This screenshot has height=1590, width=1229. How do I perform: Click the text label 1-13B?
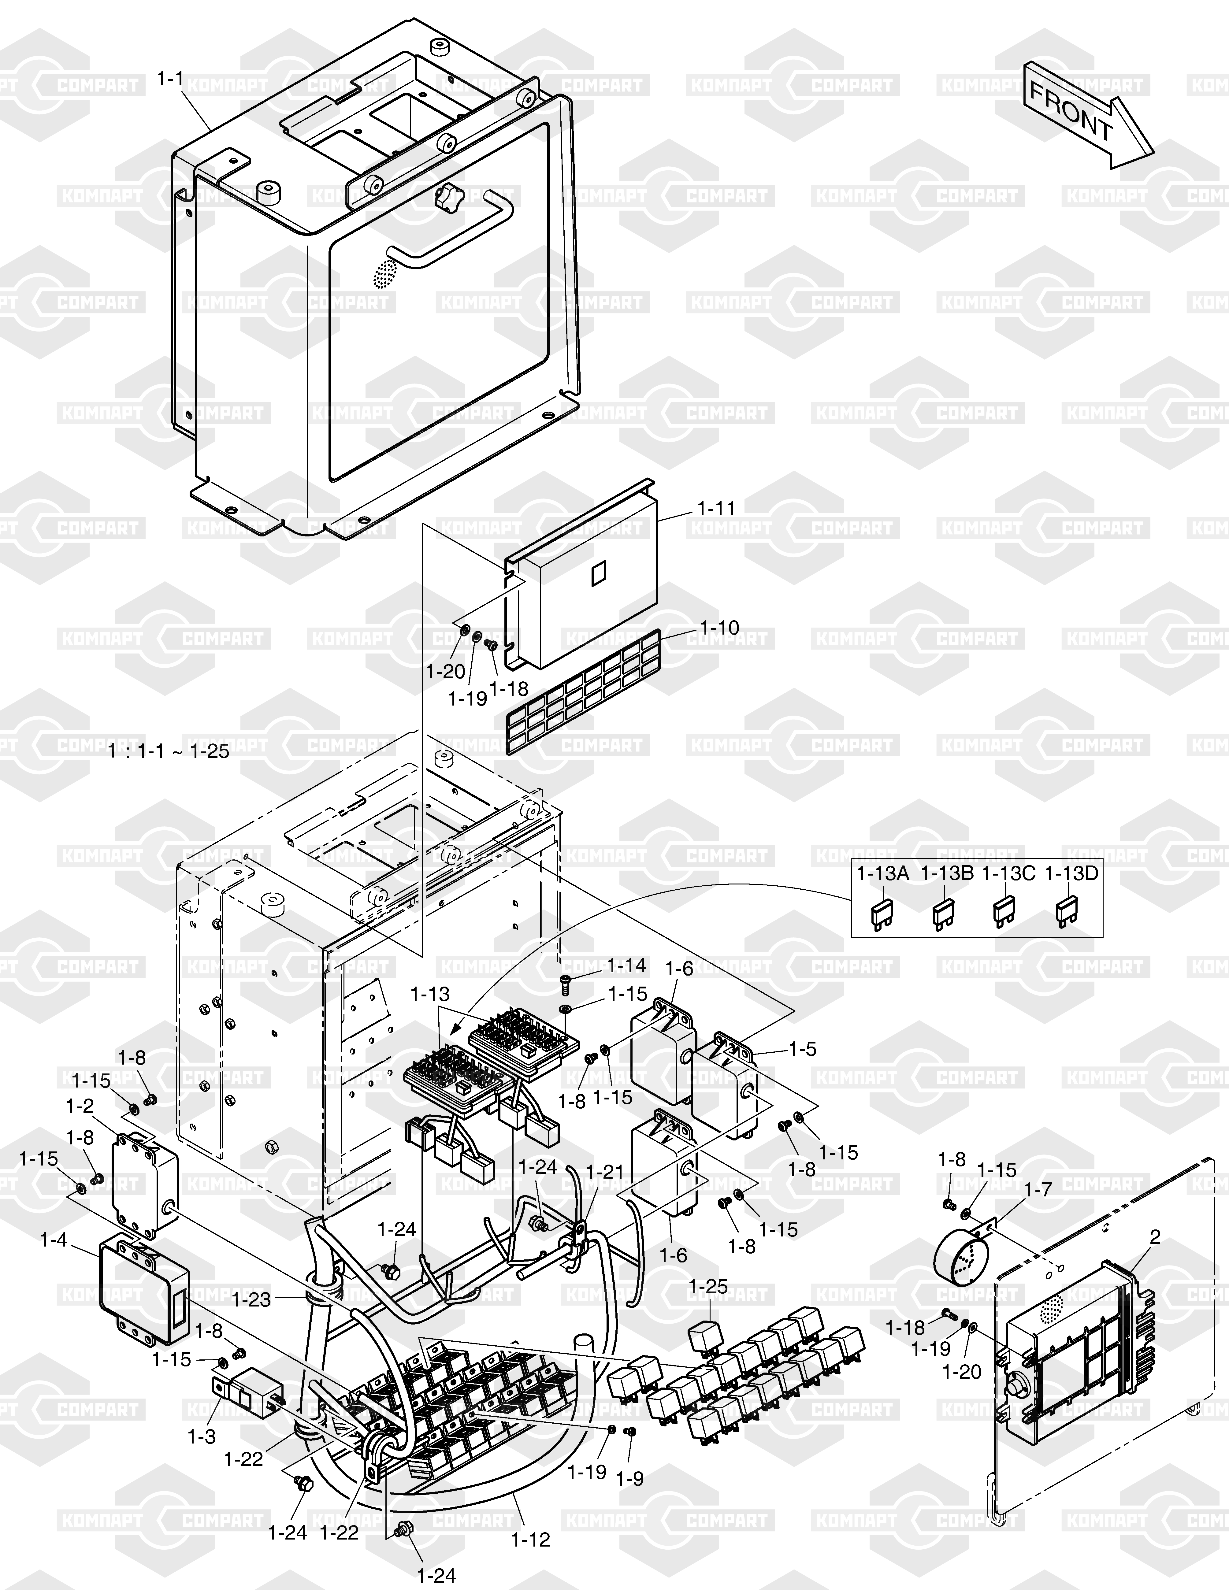(946, 874)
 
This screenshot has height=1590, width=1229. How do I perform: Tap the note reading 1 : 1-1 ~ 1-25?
(168, 751)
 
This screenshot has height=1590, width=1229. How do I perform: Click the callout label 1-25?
(708, 1286)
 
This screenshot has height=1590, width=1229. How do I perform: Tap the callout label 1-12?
(531, 1540)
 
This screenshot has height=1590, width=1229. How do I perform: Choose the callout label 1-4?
(53, 1239)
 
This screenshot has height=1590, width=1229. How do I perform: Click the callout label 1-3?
(202, 1436)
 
